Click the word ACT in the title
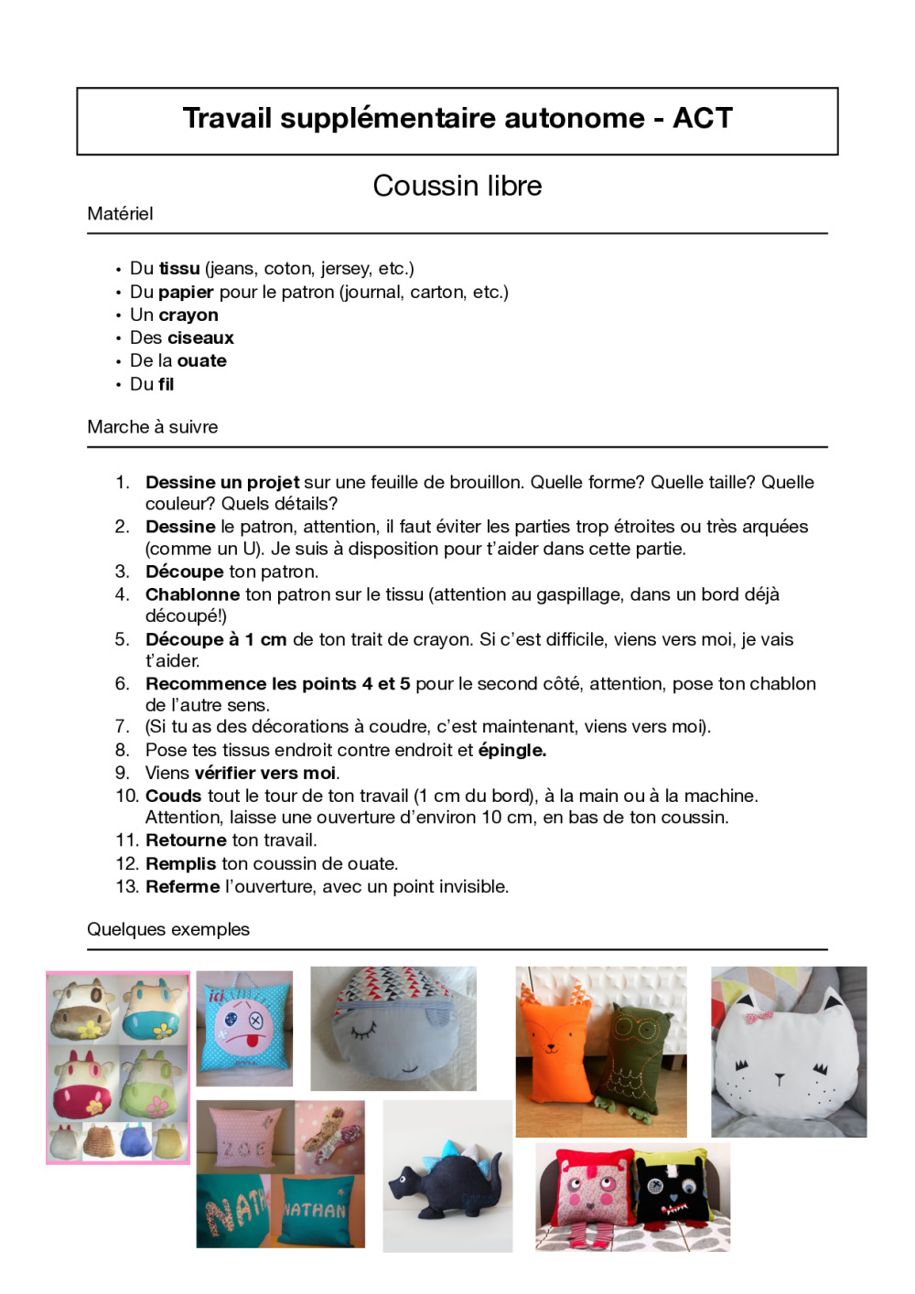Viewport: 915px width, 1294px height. pyautogui.click(x=703, y=118)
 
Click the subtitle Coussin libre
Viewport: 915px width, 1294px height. pyautogui.click(x=457, y=186)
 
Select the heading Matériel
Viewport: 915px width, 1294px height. pyautogui.click(x=120, y=213)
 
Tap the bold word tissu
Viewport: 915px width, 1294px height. pyautogui.click(x=179, y=268)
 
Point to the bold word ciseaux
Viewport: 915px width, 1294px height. pyautogui.click(x=199, y=337)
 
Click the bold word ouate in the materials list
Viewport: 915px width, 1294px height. pyautogui.click(x=201, y=360)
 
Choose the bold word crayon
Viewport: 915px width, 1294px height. pyautogui.click(x=188, y=315)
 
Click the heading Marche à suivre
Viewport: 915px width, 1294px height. pyautogui.click(x=153, y=426)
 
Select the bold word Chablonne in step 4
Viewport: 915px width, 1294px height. pyautogui.click(x=192, y=594)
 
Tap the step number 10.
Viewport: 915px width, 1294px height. pyautogui.click(x=126, y=796)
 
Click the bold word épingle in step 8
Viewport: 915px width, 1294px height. pyautogui.click(x=511, y=750)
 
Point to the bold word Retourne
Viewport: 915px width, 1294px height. pyautogui.click(x=186, y=839)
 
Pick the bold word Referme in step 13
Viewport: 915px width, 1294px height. pyautogui.click(x=182, y=886)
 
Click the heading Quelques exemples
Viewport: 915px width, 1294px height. pyautogui.click(x=168, y=929)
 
